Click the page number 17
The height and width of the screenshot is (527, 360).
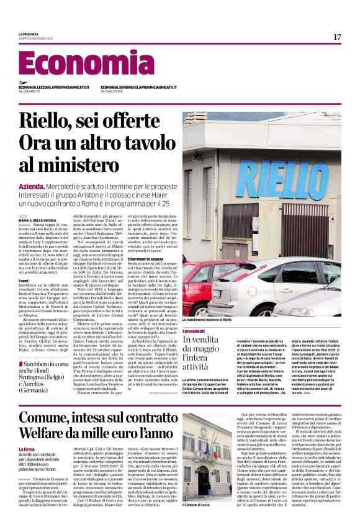click(x=337, y=37)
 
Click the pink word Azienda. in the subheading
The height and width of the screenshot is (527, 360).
click(x=32, y=186)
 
